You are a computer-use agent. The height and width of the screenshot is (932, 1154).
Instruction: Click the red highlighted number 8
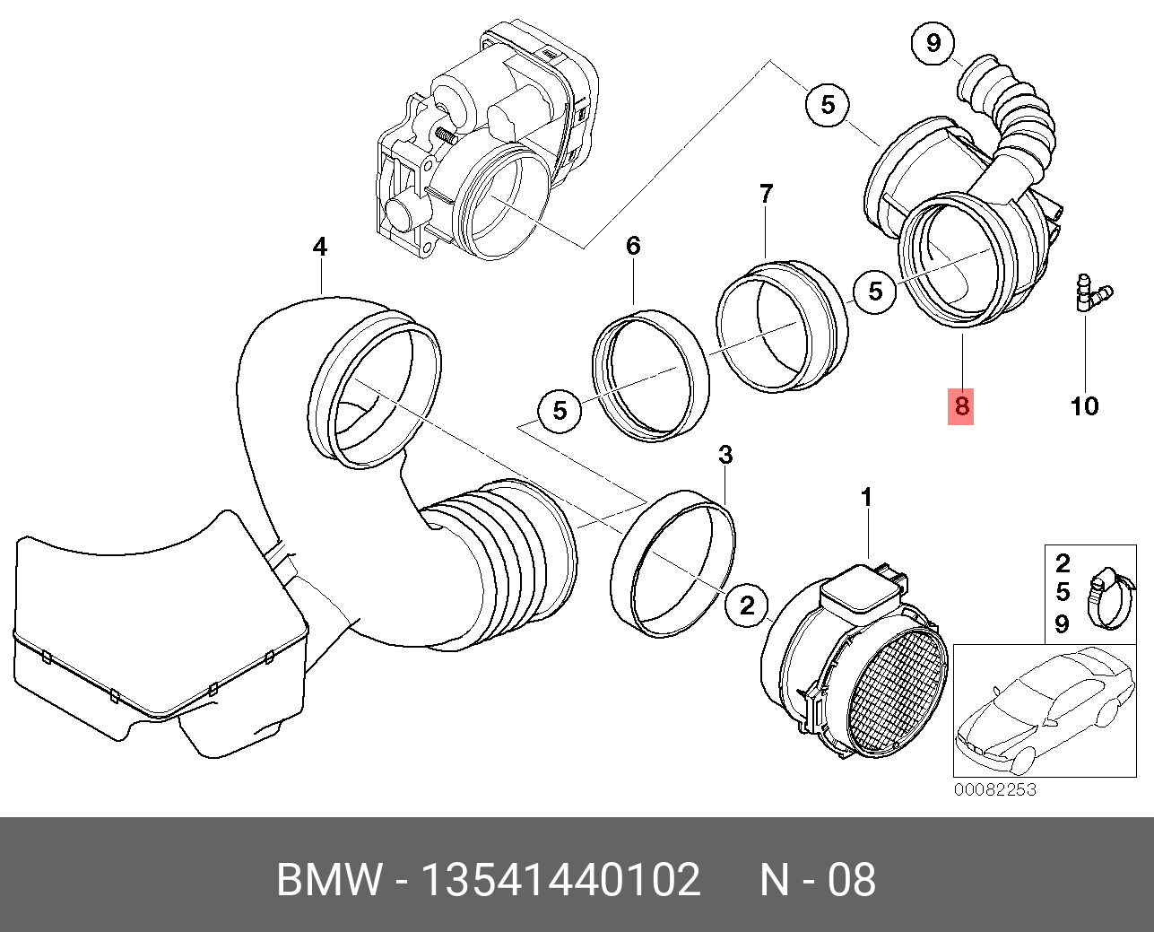(961, 406)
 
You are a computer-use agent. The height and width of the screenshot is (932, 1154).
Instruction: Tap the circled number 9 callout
(933, 42)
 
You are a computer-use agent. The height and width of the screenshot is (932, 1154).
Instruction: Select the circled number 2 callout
(747, 605)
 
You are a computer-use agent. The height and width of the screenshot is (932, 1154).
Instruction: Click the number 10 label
(1084, 406)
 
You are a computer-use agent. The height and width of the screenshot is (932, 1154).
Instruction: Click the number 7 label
(766, 194)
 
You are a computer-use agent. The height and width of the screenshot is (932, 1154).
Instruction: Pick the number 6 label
(633, 245)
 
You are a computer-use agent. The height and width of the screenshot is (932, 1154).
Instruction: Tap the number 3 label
(725, 455)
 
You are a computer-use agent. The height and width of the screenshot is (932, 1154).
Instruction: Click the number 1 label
(866, 496)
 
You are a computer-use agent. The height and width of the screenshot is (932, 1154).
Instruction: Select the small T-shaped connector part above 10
(1089, 294)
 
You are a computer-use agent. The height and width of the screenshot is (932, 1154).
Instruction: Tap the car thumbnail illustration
(1043, 710)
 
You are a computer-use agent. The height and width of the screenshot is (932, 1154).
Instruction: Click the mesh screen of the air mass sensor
(896, 691)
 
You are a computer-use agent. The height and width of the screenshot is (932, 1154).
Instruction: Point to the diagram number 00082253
(994, 790)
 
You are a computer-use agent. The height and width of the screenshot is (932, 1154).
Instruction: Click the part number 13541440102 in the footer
(560, 880)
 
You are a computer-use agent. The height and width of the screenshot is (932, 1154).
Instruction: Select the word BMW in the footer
(328, 880)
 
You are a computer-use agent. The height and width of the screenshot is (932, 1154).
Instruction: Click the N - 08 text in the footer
(817, 880)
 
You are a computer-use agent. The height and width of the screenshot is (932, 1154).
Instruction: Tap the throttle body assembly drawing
(484, 144)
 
